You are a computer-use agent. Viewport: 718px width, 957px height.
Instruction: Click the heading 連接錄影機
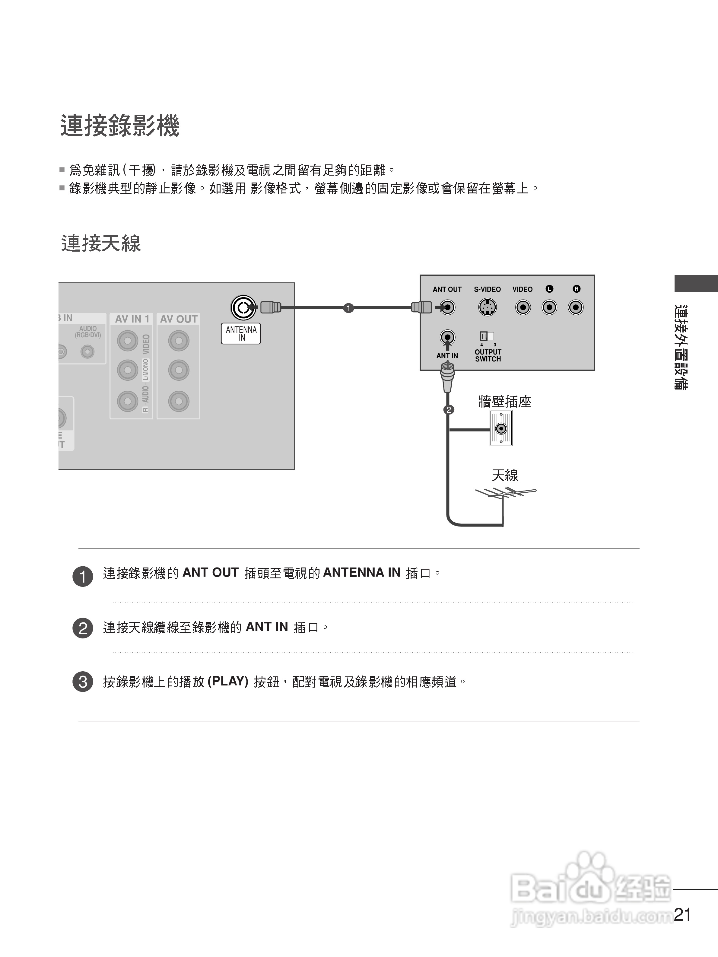tap(119, 126)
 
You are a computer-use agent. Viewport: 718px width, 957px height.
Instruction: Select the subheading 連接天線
tap(101, 243)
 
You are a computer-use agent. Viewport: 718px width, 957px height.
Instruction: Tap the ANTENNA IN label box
tap(241, 334)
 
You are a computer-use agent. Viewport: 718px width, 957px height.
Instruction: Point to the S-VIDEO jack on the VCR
tap(488, 308)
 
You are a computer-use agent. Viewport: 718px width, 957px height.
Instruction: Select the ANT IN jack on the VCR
tap(447, 337)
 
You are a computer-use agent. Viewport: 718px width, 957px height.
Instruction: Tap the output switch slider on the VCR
tap(487, 336)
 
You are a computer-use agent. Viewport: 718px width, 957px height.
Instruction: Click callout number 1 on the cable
tap(348, 308)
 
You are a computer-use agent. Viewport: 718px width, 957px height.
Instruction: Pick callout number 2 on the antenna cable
tap(449, 409)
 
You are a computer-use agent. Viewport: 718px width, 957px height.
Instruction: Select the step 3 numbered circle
tap(83, 682)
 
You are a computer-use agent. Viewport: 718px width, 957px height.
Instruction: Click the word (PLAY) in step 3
tap(228, 682)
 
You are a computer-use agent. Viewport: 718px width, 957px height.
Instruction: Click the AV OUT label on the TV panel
tap(179, 319)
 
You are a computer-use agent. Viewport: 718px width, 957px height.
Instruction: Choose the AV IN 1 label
tap(132, 319)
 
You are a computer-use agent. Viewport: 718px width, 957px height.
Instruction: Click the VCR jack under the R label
tap(576, 308)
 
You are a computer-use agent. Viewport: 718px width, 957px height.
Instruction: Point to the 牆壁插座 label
tap(504, 402)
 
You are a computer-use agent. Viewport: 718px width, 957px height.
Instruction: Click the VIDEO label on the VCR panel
tap(522, 289)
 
